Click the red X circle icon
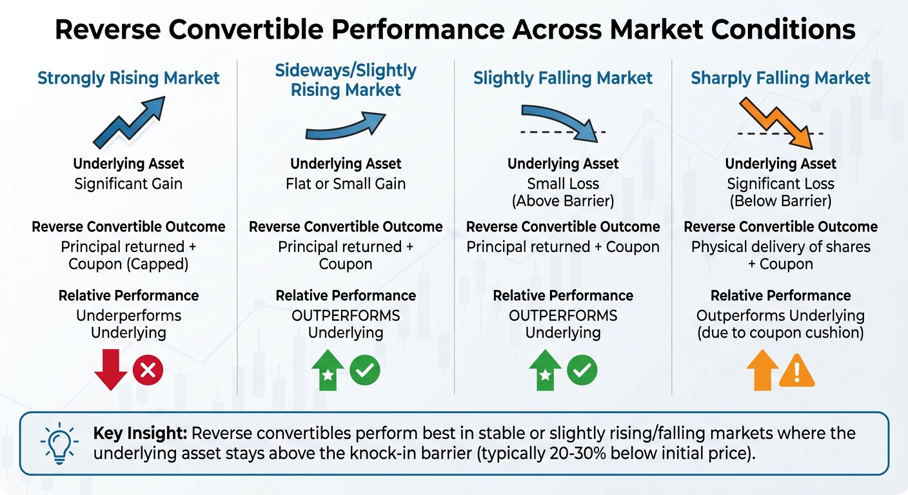click(148, 370)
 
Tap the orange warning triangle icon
click(797, 371)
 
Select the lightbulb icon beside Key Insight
click(59, 442)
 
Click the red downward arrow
click(111, 371)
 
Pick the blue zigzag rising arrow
click(129, 122)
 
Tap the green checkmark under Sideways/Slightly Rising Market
click(365, 370)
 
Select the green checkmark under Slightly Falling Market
click(582, 370)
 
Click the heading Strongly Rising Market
click(128, 79)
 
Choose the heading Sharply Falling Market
click(780, 79)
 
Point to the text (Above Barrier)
click(563, 201)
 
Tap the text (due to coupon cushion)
click(780, 333)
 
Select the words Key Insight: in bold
click(140, 433)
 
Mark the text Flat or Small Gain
click(346, 184)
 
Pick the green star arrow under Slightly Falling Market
click(545, 371)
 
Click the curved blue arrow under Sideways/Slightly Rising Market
click(345, 126)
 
